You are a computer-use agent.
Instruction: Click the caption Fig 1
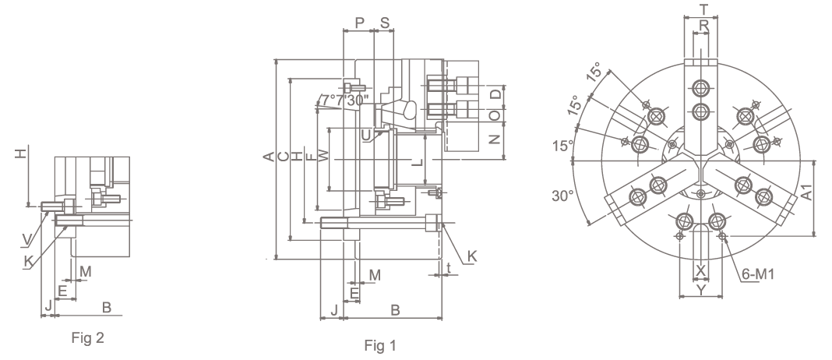pyautogui.click(x=380, y=346)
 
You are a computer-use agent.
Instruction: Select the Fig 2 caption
pyautogui.click(x=87, y=337)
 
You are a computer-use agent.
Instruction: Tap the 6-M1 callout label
pyautogui.click(x=758, y=274)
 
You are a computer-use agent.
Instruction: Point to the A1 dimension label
pyautogui.click(x=806, y=192)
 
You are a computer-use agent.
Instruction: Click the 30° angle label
pyautogui.click(x=563, y=196)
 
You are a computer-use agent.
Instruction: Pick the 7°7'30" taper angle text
pyautogui.click(x=345, y=100)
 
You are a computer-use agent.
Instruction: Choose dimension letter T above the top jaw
pyautogui.click(x=703, y=9)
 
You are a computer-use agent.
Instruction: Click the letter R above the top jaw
pyautogui.click(x=703, y=25)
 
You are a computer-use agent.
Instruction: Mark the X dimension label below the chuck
pyautogui.click(x=701, y=271)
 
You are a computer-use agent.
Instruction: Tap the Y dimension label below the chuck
pyautogui.click(x=701, y=289)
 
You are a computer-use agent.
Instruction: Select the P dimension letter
pyautogui.click(x=360, y=23)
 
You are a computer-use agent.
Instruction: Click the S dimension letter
pyautogui.click(x=385, y=23)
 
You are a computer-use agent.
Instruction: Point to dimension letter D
pyautogui.click(x=495, y=94)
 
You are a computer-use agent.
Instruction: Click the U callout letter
pyautogui.click(x=366, y=136)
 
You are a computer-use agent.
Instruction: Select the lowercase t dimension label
pyautogui.click(x=449, y=267)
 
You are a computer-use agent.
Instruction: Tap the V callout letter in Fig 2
pyautogui.click(x=26, y=240)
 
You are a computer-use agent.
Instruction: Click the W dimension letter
pyautogui.click(x=323, y=156)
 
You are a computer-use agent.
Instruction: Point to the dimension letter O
pyautogui.click(x=495, y=115)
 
